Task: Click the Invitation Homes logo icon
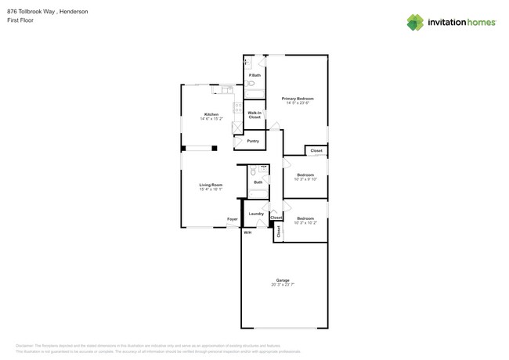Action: (x=415, y=22)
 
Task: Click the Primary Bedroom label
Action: (x=298, y=98)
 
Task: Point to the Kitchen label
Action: (x=211, y=114)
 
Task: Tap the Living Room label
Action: (x=211, y=185)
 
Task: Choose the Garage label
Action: (x=283, y=280)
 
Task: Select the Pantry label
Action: (x=253, y=141)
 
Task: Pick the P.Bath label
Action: (x=255, y=75)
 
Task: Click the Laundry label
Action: (x=256, y=213)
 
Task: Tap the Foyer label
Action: (x=233, y=219)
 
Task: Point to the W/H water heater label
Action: (x=247, y=232)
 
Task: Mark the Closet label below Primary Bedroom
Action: (x=316, y=150)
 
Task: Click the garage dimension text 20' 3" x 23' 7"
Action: (x=283, y=286)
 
